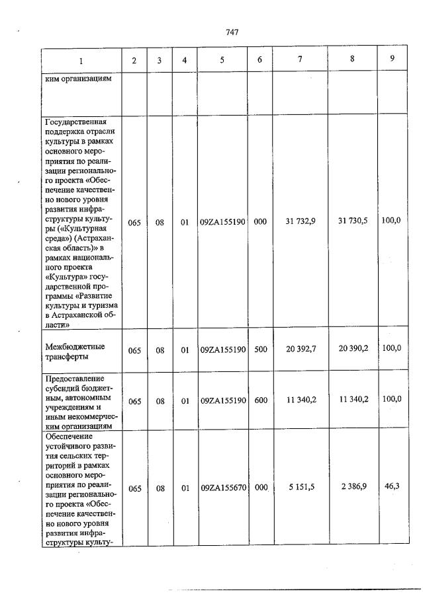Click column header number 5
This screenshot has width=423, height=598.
(x=222, y=60)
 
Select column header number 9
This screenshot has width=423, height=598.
(x=392, y=58)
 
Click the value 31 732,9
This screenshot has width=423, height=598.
(x=300, y=222)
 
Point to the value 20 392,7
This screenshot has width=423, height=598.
(x=300, y=350)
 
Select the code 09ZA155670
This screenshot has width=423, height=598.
(x=223, y=488)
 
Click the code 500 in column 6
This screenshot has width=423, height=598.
(x=260, y=350)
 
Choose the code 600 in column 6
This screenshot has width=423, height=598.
(x=260, y=400)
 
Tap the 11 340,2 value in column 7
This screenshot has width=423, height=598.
(x=300, y=400)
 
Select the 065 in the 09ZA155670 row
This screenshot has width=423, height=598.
(x=134, y=488)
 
